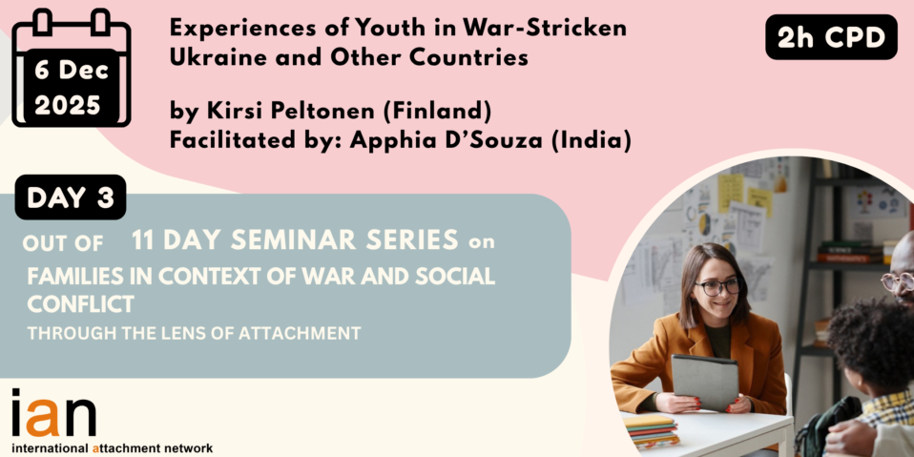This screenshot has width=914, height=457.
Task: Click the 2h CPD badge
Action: pos(831,37)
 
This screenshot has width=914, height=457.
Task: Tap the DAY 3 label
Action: pos(71,197)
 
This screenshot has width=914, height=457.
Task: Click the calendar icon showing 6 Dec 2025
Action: pos(72,68)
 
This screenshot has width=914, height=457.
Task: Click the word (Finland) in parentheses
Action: pos(437,112)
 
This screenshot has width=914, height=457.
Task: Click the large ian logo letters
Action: pos(53,413)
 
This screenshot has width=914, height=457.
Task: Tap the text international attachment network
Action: pos(112,448)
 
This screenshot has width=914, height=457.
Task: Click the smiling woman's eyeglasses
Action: pos(717,286)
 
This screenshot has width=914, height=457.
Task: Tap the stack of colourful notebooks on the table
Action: pos(651,431)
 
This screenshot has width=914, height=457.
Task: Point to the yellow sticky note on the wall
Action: pos(731,193)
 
